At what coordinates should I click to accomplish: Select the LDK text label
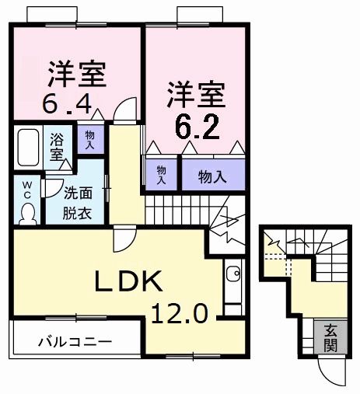(x=129, y=281)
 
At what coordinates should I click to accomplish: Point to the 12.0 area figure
(x=180, y=313)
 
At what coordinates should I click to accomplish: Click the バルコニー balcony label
(x=75, y=341)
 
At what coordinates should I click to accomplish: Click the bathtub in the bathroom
(x=30, y=148)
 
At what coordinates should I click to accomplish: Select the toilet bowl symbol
(x=28, y=211)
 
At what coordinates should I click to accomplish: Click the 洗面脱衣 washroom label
(x=77, y=204)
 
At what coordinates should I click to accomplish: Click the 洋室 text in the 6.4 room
(x=75, y=74)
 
